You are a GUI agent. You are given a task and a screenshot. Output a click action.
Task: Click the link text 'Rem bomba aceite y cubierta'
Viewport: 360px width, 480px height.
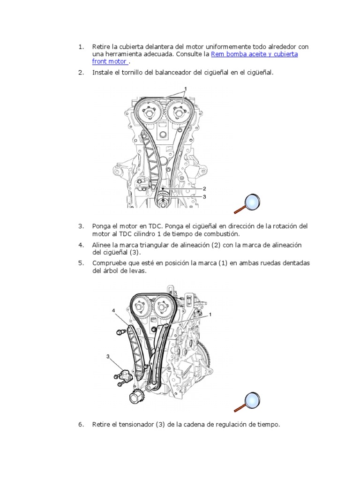click(255, 54)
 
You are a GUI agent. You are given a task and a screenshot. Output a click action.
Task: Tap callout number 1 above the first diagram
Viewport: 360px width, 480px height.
click(185, 88)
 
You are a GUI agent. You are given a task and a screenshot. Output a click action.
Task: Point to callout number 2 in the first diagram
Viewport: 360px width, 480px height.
click(204, 189)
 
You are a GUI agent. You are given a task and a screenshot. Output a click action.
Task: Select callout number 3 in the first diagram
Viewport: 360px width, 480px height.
click(204, 197)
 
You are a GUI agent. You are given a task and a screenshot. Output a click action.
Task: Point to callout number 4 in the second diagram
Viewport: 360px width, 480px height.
click(113, 310)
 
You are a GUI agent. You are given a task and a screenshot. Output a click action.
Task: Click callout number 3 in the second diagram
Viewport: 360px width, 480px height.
click(108, 356)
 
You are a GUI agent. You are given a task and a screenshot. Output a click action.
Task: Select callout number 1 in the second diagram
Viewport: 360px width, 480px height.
click(210, 315)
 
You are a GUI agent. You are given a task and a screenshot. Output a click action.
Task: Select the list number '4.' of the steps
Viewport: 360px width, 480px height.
click(81, 245)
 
